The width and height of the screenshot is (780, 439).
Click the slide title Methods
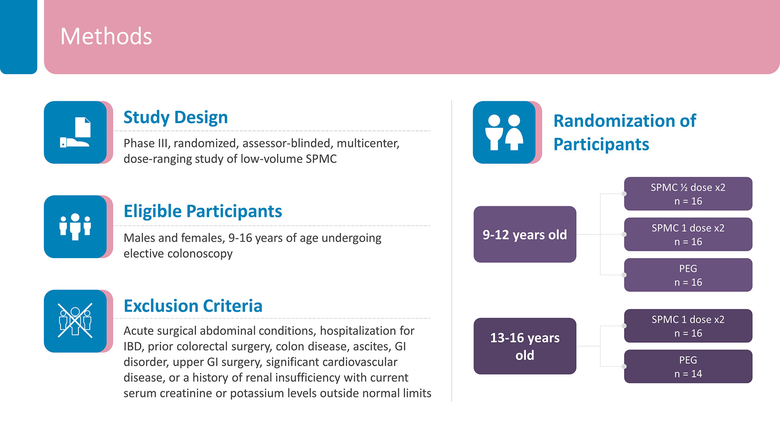106,36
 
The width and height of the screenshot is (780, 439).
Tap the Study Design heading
175,117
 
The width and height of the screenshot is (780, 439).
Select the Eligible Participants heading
203,211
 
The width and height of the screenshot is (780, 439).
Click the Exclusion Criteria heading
193,306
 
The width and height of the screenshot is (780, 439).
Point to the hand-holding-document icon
75,133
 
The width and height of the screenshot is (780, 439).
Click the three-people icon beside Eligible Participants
75,227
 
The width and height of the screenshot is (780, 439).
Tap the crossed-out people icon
75,321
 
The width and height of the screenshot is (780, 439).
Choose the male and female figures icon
504,133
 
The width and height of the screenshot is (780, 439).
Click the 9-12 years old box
525,235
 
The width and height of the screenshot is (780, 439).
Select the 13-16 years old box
525,346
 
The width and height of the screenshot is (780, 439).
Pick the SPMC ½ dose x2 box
688,194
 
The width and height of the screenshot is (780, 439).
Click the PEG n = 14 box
688,367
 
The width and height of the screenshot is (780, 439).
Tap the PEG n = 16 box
688,275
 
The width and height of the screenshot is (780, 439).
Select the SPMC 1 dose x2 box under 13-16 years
688,326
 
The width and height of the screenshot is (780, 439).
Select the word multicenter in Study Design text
368,143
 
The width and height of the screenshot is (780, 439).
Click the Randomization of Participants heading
625,133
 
